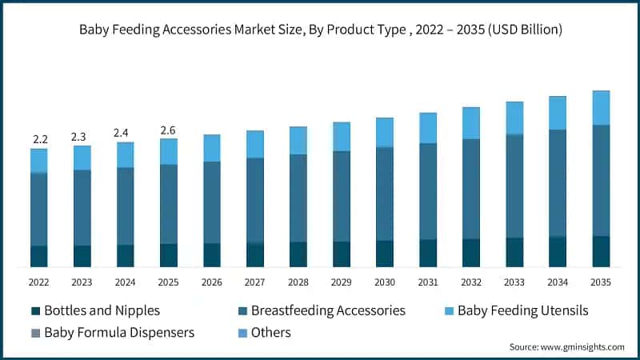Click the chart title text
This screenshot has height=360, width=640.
(320, 30)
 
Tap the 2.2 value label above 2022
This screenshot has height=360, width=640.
(39, 139)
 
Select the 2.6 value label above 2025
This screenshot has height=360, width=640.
(168, 130)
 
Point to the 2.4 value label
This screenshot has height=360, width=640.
(125, 133)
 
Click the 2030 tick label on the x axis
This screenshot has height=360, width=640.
(384, 282)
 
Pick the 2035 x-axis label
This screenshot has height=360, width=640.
(600, 282)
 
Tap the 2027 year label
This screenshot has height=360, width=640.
(254, 282)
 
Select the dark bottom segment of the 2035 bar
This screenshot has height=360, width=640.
(601, 251)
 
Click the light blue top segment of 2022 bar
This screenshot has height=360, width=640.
(39, 160)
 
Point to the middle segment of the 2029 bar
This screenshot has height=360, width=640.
(341, 196)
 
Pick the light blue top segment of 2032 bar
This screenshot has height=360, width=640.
(470, 123)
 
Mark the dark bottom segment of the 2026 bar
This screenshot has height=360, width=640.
(212, 254)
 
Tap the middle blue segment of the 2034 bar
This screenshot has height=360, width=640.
(558, 183)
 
